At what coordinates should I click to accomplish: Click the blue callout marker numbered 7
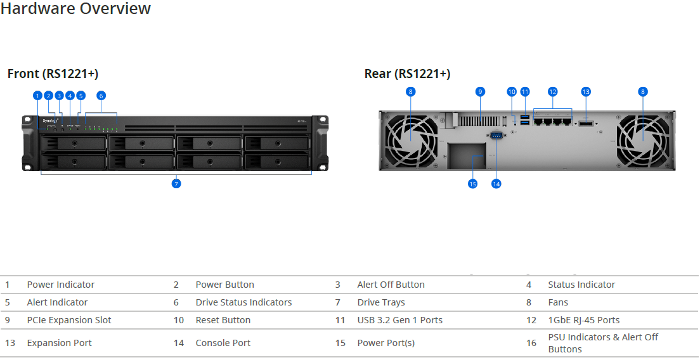176,183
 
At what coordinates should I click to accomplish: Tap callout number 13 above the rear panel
586,92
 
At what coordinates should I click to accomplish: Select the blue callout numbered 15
472,183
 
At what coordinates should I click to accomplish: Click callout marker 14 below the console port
496,183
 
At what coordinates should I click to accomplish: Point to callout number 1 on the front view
37,96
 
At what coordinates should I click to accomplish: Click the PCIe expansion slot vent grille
478,121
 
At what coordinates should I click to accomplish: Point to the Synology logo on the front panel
51,121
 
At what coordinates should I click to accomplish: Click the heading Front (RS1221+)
53,74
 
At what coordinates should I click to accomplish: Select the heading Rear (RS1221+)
407,74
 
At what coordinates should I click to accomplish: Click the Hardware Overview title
76,8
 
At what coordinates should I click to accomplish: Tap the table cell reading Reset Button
223,320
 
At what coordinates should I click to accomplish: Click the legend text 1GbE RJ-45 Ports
584,320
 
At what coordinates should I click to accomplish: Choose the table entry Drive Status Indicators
243,302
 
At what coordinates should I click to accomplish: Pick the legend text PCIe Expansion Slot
69,320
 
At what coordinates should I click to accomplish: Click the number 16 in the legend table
531,343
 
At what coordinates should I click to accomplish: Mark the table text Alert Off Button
391,285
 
